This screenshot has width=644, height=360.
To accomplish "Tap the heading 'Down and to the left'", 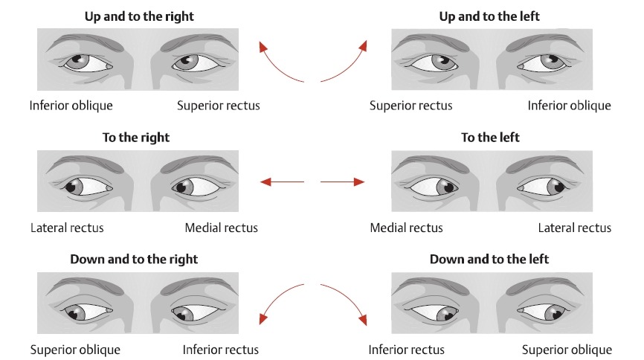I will tap(489, 259).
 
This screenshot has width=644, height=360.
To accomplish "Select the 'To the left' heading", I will tap(490, 138).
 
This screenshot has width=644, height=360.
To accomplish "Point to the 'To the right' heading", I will tap(135, 138).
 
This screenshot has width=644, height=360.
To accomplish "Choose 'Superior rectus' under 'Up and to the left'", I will tap(410, 106).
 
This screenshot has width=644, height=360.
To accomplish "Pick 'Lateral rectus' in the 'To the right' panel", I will tap(67, 228).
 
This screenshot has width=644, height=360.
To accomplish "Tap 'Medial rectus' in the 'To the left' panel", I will tap(406, 228).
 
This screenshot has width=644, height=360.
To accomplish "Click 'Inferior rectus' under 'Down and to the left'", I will tap(406, 350).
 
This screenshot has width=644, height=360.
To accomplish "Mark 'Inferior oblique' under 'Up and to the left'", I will tap(569, 106).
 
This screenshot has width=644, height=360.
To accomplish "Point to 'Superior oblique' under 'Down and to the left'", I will tap(567, 350).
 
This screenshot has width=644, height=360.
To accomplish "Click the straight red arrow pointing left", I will tap(283, 181).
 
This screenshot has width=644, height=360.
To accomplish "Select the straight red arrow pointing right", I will tap(343, 181).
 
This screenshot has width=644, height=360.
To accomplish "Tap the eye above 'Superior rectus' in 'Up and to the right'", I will tap(194, 63).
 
